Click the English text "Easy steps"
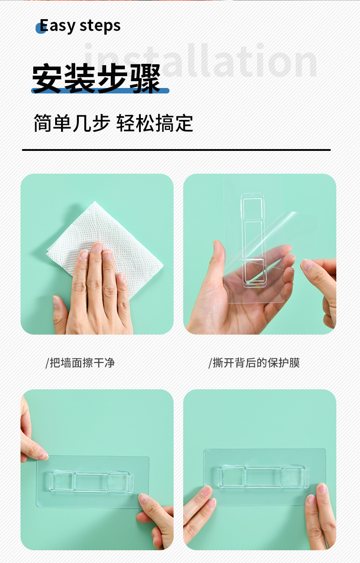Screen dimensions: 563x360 pyautogui.click(x=80, y=26)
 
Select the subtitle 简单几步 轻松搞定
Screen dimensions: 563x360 pyautogui.click(x=113, y=124)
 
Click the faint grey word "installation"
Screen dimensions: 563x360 pyautogui.click(x=201, y=62)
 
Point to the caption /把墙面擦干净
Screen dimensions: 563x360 pyautogui.click(x=80, y=363)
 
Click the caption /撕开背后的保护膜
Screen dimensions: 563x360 pyautogui.click(x=254, y=363)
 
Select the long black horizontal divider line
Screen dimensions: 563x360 pyautogui.click(x=176, y=150)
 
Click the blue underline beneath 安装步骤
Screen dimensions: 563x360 pyautogui.click(x=100, y=91)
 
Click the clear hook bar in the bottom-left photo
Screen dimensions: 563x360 pyautogui.click(x=91, y=481)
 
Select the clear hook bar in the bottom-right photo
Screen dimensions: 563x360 pyautogui.click(x=263, y=476)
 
